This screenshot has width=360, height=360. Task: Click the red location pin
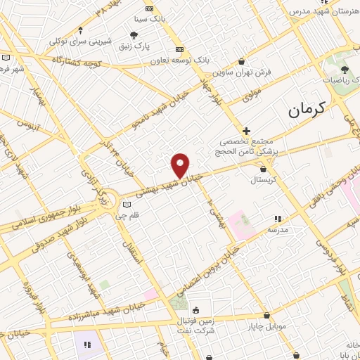pyautogui.click(x=181, y=165)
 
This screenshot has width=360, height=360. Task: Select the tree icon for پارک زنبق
pyautogui.click(x=134, y=33)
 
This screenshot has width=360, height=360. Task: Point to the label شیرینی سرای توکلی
pyautogui.click(x=79, y=41)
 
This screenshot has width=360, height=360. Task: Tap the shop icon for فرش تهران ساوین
pyautogui.click(x=242, y=61)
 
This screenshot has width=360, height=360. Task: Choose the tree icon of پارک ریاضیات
pyautogui.click(x=345, y=69)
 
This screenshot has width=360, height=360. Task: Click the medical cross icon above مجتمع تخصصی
pyautogui.click(x=245, y=131)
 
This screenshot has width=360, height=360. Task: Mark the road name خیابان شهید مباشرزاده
pyautogui.click(x=98, y=311)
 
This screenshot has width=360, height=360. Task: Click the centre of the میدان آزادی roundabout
pyautogui.click(x=103, y=195)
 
